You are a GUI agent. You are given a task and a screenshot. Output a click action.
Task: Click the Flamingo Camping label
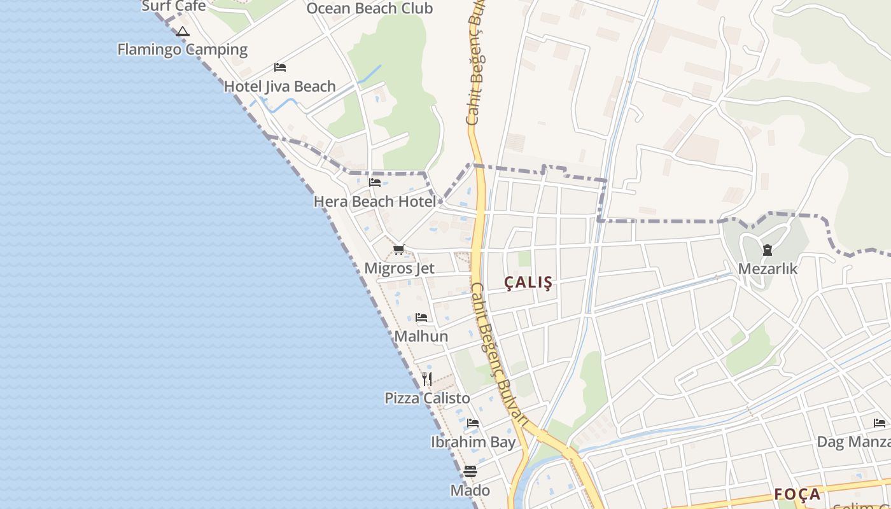pos(183,50)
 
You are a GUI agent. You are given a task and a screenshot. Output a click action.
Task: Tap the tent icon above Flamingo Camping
pos(183,32)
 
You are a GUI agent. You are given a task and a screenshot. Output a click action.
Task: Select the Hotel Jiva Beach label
pos(279,87)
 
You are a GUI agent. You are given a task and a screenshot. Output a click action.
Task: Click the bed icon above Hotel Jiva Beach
pos(280,67)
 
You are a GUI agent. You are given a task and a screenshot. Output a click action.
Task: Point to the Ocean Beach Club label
pos(369,9)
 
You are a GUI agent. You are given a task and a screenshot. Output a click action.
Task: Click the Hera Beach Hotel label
pos(375,202)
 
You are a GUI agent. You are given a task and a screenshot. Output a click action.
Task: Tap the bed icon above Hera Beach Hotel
pos(375,183)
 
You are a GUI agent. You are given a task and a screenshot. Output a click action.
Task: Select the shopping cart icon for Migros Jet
pos(399,249)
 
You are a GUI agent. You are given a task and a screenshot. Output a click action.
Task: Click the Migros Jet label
pos(399,268)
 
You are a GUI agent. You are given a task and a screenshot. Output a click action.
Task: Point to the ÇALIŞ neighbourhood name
pos(528,282)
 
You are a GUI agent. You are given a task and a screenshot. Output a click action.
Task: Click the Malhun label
pos(421,336)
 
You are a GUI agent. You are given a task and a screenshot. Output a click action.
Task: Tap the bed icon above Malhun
pos(421,317)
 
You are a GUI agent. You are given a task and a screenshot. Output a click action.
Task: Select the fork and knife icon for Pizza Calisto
pos(427,379)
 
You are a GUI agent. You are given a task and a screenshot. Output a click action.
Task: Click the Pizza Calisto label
pos(427,398)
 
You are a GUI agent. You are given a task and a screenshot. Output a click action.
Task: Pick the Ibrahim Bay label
pos(473,442)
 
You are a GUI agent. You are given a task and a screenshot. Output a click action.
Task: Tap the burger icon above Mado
pos(470,471)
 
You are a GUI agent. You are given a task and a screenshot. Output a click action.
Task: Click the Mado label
pos(470,491)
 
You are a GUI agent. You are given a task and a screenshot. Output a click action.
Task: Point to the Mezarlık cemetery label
pos(768,269)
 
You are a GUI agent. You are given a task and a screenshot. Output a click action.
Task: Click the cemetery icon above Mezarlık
pos(768,250)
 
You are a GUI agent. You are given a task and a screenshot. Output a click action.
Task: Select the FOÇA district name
pos(797,494)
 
